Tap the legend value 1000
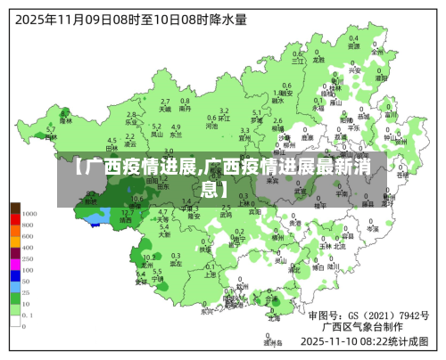[x=29, y=214]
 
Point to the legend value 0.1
[x=29, y=315]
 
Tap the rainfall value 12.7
[x=128, y=212]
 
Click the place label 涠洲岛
[x=273, y=340]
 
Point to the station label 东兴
[x=207, y=312]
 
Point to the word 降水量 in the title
[x=227, y=17]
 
